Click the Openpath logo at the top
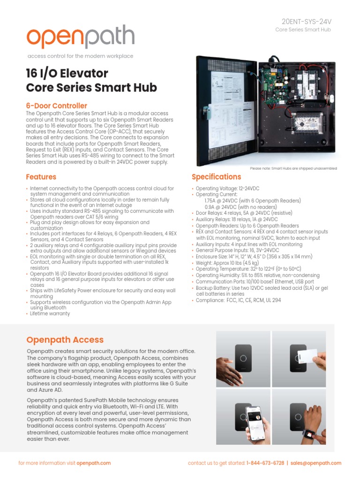pyautogui.click(x=80, y=37)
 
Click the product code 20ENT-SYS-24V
pyautogui.click(x=306, y=22)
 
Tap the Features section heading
pyautogui.click(x=41, y=177)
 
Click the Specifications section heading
pyautogui.click(x=216, y=177)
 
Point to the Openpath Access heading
pyautogui.click(x=65, y=340)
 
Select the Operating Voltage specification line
pyautogui.click(x=227, y=188)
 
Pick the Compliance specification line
pyautogui.click(x=238, y=300)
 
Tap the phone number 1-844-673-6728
pyautogui.click(x=265, y=463)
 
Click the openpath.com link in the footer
pyautogui.click(x=93, y=463)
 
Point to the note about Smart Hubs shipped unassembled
pyautogui.click(x=293, y=168)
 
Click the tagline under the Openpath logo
pyautogui.click(x=80, y=56)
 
